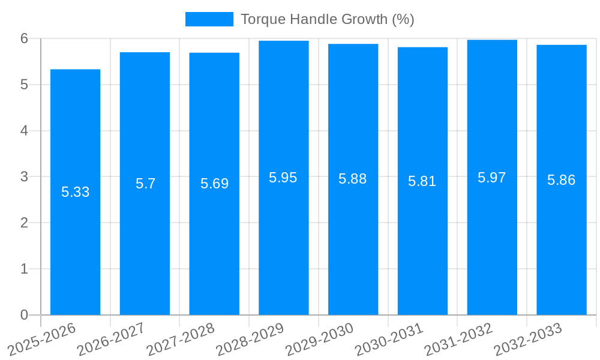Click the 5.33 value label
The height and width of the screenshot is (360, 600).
pyautogui.click(x=75, y=192)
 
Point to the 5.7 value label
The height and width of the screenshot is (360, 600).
pyautogui.click(x=145, y=184)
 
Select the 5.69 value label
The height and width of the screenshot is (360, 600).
pyautogui.click(x=214, y=184)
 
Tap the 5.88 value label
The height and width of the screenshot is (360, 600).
pyautogui.click(x=353, y=179)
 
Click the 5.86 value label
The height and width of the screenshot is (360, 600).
pyautogui.click(x=562, y=180)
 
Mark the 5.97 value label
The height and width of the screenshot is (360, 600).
pyautogui.click(x=492, y=178)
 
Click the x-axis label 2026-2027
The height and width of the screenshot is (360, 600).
pyautogui.click(x=111, y=339)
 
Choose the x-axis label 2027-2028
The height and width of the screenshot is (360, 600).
pyautogui.click(x=181, y=339)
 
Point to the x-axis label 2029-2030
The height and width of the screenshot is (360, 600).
pyautogui.click(x=320, y=339)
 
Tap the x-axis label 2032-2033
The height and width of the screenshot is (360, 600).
pyautogui.click(x=528, y=339)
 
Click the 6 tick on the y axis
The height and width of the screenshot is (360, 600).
pyautogui.click(x=24, y=38)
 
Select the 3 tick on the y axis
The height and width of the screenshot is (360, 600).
pyautogui.click(x=24, y=177)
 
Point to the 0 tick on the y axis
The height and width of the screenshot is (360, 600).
pyautogui.click(x=24, y=315)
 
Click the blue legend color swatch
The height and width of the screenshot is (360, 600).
pyautogui.click(x=209, y=19)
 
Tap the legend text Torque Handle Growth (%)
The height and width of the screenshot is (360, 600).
pyautogui.click(x=327, y=19)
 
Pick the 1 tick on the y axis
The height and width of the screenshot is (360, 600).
pyautogui.click(x=24, y=269)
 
